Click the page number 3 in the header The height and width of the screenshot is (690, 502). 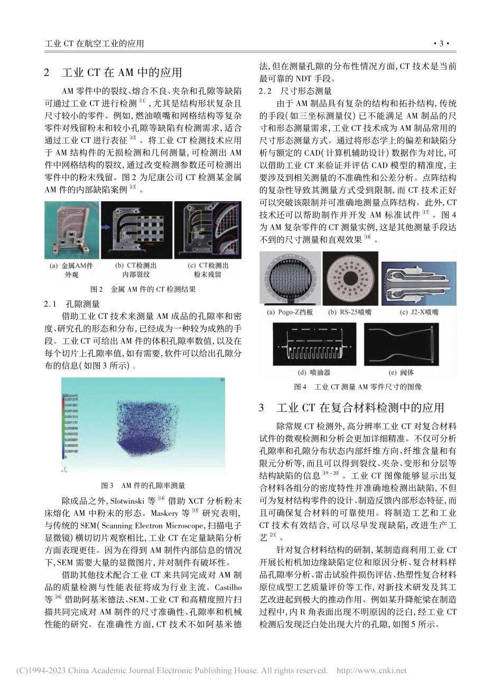[x=440, y=43]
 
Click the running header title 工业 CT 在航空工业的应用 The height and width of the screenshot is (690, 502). [x=95, y=43]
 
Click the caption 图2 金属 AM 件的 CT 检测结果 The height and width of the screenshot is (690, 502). [x=143, y=289]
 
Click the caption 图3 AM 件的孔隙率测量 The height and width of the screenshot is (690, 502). [x=143, y=486]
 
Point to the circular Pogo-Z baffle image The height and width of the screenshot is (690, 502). [x=290, y=278]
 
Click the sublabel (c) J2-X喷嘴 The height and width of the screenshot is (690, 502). [x=418, y=313]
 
